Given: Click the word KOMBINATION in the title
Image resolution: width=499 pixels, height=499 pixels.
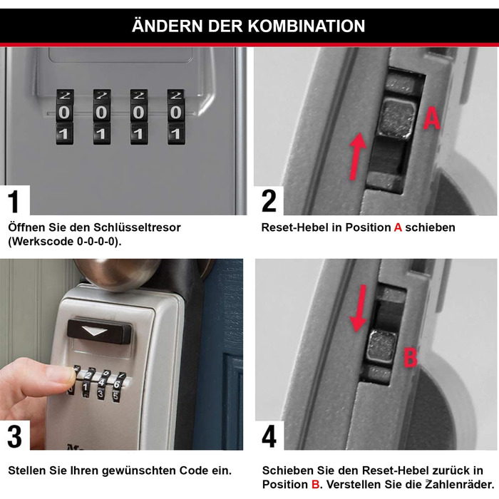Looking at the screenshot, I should (307, 26).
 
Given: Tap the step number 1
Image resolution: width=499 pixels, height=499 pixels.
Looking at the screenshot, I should (14, 202).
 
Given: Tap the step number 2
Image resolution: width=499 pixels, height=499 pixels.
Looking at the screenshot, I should (268, 202).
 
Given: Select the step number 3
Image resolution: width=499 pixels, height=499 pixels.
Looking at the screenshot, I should (14, 436).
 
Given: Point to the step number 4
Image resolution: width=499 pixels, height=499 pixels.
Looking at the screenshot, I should (269, 436).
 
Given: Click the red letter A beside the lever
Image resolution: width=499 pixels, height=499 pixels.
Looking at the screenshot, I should (431, 118).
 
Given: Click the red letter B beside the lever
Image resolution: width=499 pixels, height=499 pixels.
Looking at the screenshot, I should (410, 356).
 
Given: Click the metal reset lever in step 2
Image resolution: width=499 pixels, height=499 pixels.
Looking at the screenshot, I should (397, 118).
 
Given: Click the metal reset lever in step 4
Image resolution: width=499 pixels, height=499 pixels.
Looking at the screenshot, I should (380, 349).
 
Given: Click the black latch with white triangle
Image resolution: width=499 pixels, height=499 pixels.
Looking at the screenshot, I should (100, 331).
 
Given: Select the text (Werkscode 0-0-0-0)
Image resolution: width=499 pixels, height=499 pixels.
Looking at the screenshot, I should (64, 241).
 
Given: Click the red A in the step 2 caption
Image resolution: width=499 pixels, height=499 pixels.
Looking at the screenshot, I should (398, 227).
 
